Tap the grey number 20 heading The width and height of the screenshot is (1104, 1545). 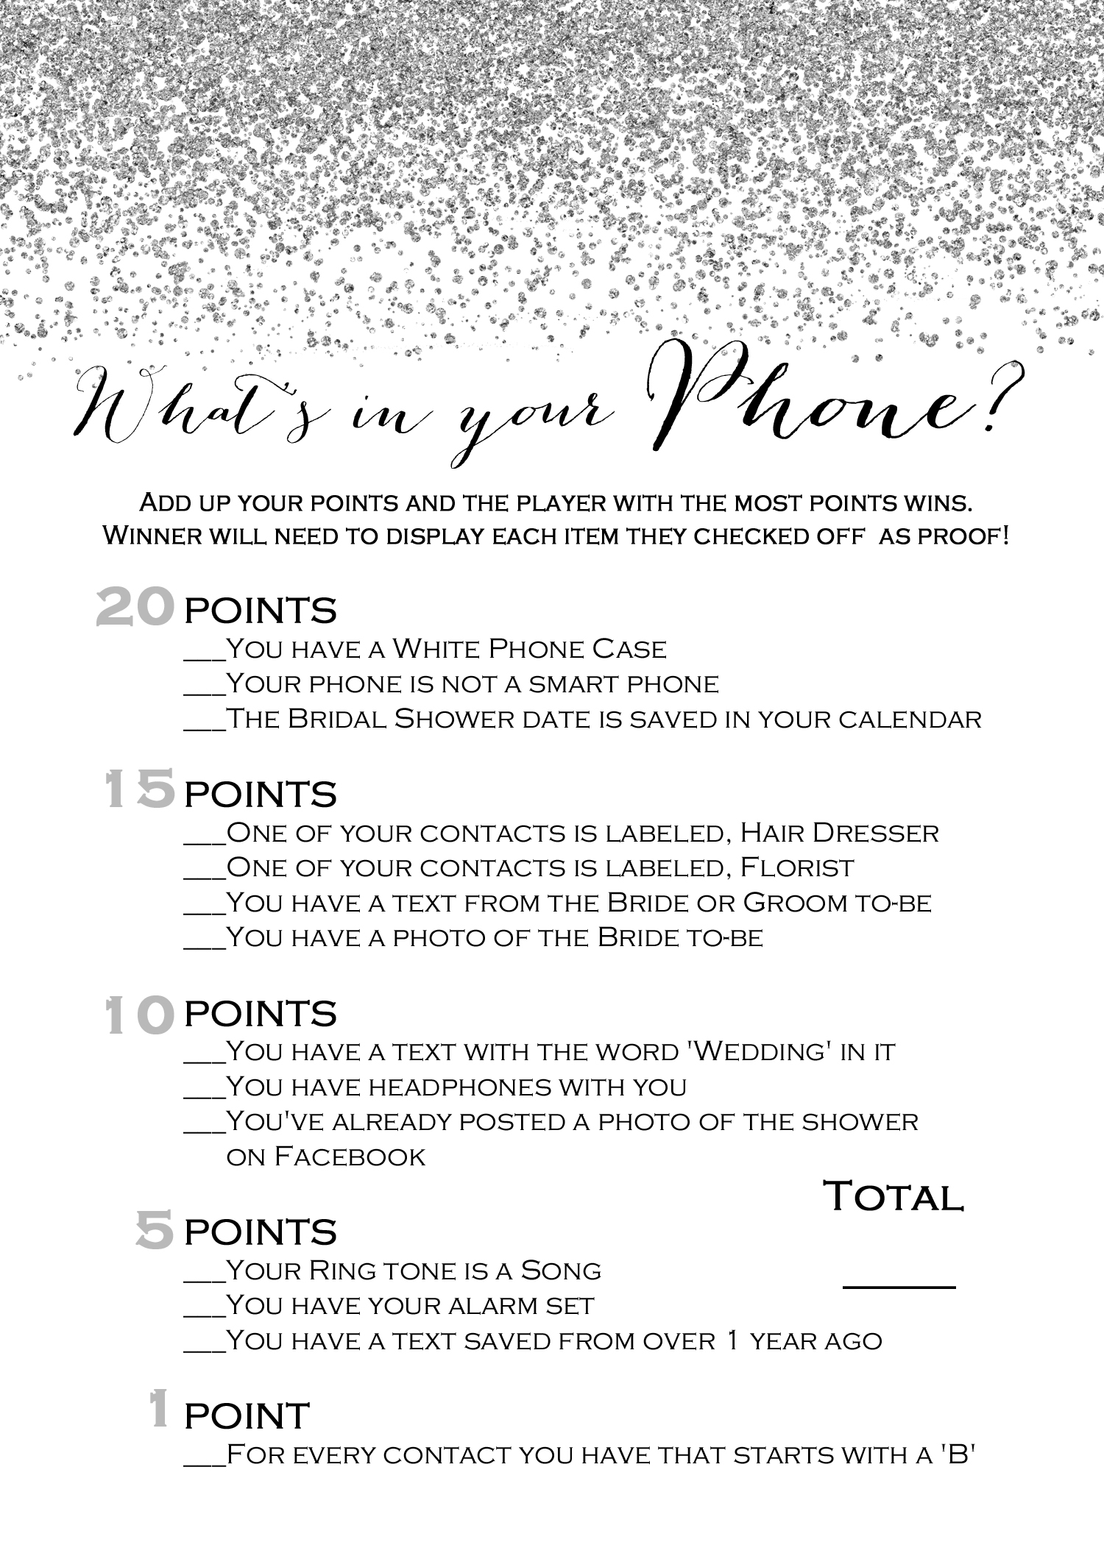point(135,608)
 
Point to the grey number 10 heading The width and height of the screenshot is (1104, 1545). point(139,1015)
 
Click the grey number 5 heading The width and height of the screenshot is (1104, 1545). point(155,1230)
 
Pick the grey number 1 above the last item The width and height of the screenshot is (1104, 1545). point(158,1408)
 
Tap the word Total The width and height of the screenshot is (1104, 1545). point(893,1197)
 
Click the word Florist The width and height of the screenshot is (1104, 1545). point(796,868)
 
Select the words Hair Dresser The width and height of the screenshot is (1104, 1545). point(839,833)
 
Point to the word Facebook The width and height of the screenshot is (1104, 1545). point(350,1157)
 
